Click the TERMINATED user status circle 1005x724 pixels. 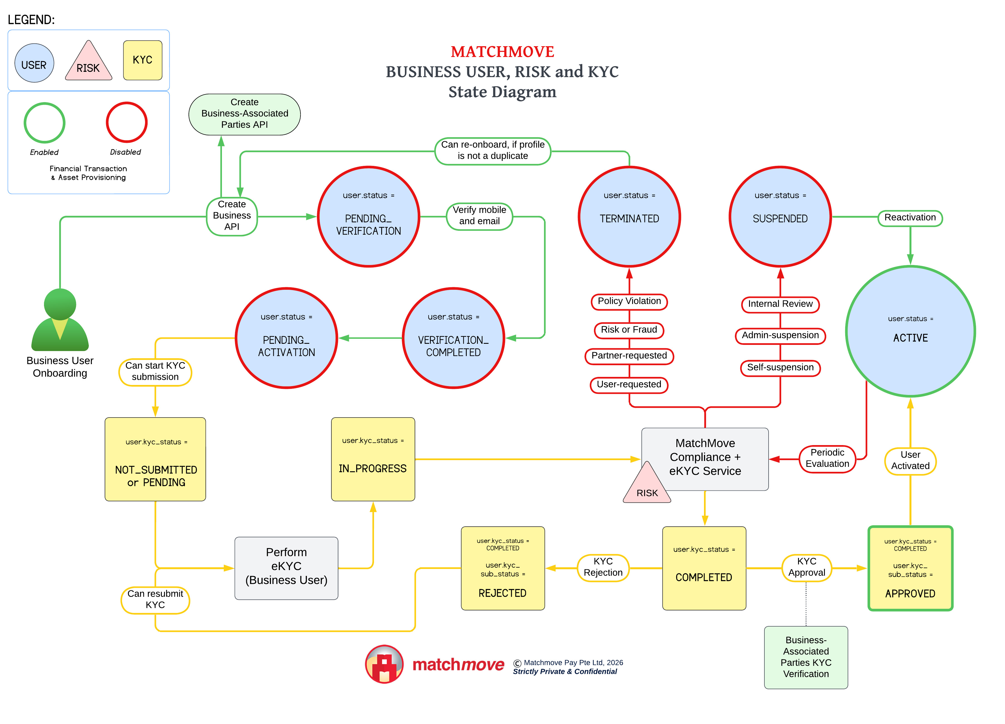tap(629, 217)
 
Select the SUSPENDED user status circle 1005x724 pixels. tap(780, 217)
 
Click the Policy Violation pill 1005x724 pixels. tap(629, 301)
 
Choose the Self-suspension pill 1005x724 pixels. tap(780, 367)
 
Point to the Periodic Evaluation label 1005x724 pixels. tap(827, 459)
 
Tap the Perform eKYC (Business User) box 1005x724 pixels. tap(286, 568)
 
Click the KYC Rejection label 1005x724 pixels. tap(603, 567)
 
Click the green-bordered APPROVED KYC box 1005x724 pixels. tap(910, 569)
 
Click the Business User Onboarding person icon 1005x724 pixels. tap(60, 320)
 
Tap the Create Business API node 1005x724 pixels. tap(232, 216)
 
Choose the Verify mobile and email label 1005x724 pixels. tap(480, 216)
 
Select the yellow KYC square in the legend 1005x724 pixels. tap(143, 60)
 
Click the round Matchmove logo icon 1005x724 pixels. tap(384, 664)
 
